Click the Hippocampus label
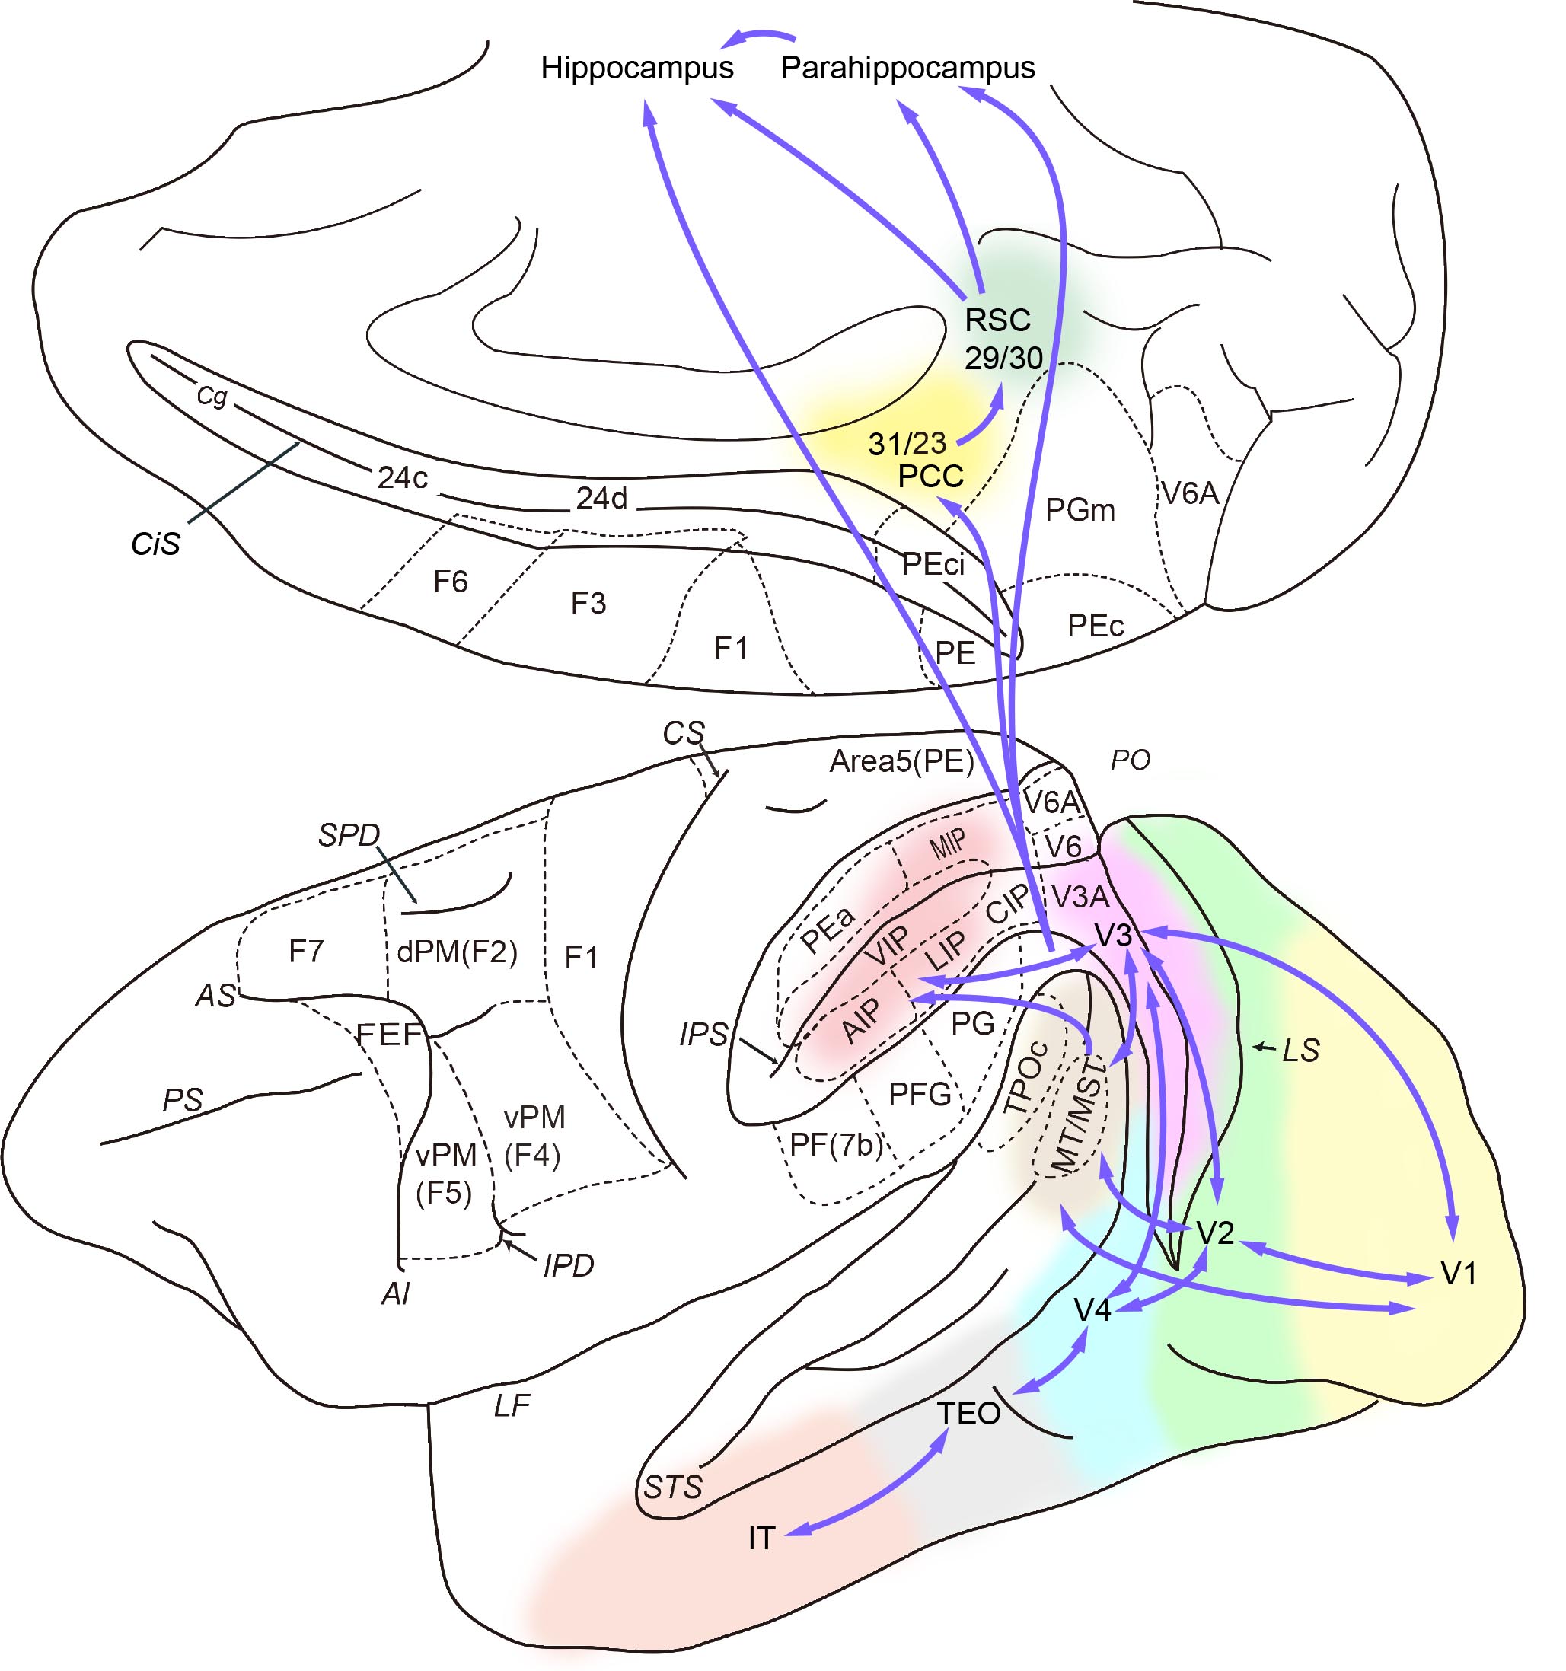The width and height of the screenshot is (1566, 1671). click(x=636, y=68)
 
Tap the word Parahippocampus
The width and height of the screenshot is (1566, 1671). click(x=907, y=68)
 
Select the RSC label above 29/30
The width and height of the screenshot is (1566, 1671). click(x=997, y=320)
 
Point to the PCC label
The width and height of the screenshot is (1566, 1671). click(x=930, y=477)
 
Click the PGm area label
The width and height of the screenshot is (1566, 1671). click(x=1080, y=509)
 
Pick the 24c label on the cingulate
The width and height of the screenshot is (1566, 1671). click(x=402, y=477)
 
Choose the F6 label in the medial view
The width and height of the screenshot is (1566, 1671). click(x=450, y=582)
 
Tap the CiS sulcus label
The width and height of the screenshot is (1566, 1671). click(x=155, y=544)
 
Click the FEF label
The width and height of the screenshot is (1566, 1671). click(x=388, y=1035)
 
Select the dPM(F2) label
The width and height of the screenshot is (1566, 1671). click(x=457, y=952)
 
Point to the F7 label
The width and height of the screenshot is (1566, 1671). click(x=306, y=952)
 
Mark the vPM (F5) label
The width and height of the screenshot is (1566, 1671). click(x=445, y=1173)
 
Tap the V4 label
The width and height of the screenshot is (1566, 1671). click(x=1092, y=1309)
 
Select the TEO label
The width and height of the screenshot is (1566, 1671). click(x=968, y=1414)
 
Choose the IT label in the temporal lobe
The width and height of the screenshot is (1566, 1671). click(x=761, y=1539)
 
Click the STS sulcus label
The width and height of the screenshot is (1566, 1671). click(x=672, y=1488)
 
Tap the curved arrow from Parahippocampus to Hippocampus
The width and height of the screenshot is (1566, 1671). click(x=761, y=35)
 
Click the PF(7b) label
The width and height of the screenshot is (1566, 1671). click(x=836, y=1145)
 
